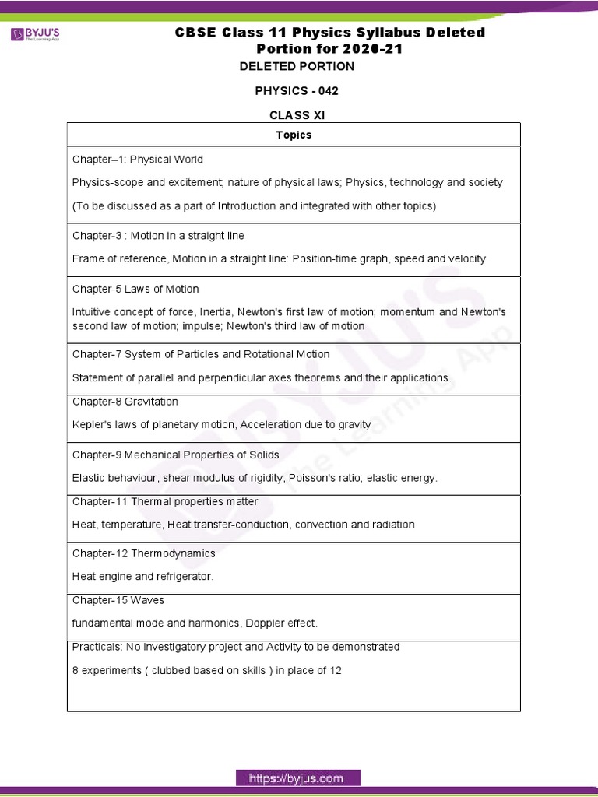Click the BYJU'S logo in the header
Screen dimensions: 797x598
click(35, 35)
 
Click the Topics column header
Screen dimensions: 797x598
click(294, 135)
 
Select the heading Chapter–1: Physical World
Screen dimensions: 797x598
click(138, 160)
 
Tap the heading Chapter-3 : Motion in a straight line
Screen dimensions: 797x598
click(158, 236)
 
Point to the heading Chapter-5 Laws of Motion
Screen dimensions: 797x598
click(135, 289)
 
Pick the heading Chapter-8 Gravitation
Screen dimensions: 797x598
click(125, 402)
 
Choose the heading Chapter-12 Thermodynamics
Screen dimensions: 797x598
click(144, 553)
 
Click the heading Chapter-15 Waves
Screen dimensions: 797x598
click(118, 600)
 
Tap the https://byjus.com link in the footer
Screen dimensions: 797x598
click(298, 778)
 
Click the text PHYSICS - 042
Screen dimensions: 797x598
click(297, 91)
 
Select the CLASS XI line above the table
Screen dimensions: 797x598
click(297, 115)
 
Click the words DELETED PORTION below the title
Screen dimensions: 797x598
click(297, 66)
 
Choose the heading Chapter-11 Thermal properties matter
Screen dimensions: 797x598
click(165, 501)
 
